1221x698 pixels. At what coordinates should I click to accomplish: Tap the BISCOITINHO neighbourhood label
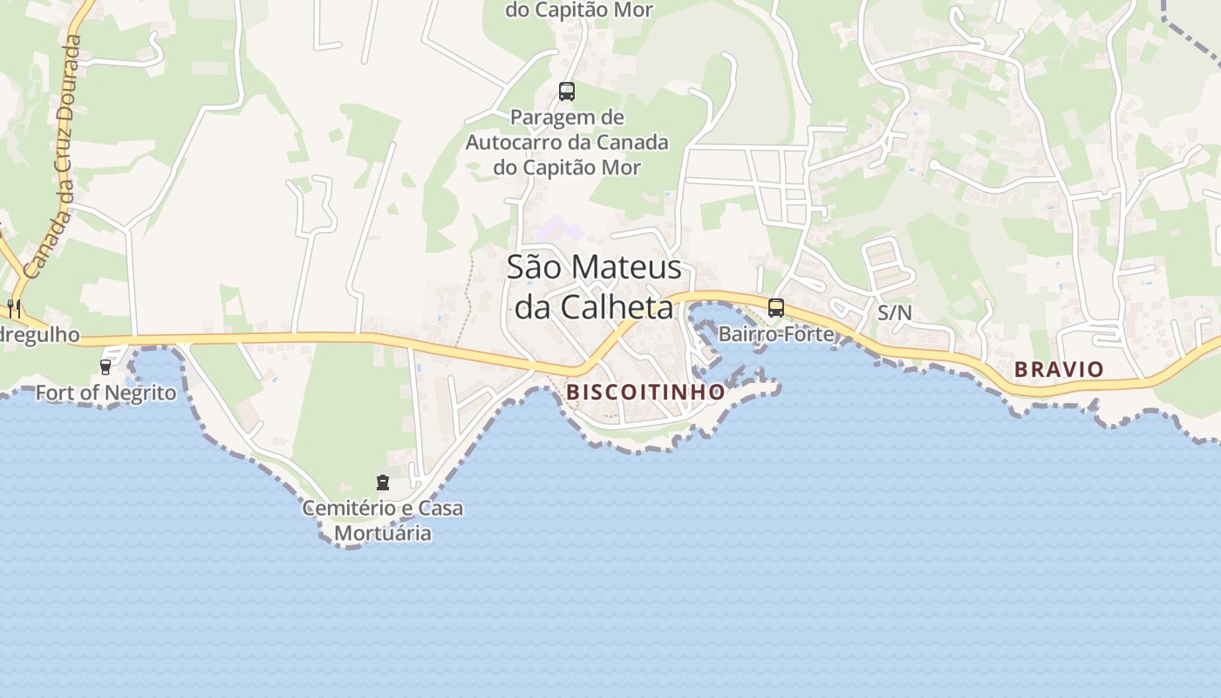click(645, 392)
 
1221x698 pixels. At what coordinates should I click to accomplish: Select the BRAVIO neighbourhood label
click(1059, 369)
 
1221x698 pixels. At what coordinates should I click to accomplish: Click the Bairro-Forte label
click(775, 333)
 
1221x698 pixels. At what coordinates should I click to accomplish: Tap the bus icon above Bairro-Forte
click(775, 307)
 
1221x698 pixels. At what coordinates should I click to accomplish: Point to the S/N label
click(894, 312)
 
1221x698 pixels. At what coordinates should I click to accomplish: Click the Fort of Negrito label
click(106, 393)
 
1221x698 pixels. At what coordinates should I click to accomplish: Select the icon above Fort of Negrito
click(106, 367)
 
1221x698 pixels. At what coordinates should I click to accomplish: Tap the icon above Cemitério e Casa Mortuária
click(382, 482)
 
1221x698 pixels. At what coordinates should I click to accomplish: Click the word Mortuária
click(383, 532)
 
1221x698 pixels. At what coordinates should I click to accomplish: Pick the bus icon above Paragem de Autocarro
click(567, 91)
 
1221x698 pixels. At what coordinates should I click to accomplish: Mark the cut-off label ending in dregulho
click(39, 335)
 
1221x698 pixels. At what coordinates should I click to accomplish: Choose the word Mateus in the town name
click(626, 267)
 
